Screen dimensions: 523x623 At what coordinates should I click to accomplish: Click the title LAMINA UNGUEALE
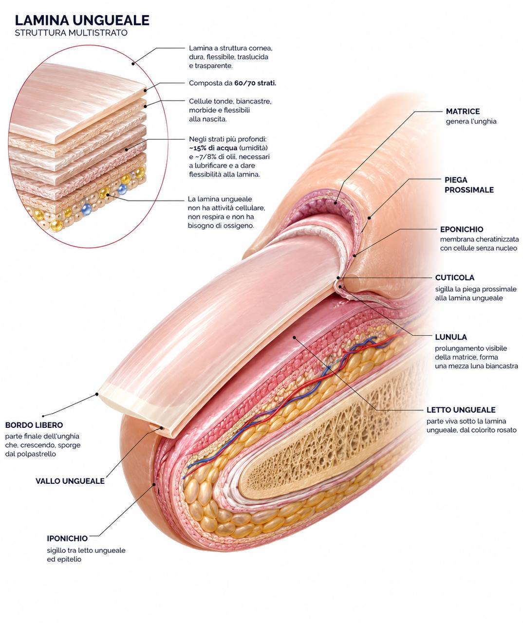[82, 20]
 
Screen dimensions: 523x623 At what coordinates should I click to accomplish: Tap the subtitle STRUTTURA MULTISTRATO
[71, 33]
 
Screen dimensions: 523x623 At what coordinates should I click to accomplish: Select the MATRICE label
[463, 111]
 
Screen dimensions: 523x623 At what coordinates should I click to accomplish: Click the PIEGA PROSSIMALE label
[469, 184]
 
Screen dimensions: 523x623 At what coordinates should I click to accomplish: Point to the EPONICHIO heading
[462, 229]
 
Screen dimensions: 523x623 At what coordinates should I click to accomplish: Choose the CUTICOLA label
[455, 277]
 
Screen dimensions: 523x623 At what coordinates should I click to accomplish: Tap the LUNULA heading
[451, 337]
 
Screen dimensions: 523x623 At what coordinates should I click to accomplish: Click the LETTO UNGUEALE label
[461, 410]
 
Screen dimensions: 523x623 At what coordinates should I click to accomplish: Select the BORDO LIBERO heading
[34, 425]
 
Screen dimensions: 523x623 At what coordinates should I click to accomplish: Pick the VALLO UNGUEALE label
[70, 481]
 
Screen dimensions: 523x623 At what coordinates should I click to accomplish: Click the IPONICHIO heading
[67, 538]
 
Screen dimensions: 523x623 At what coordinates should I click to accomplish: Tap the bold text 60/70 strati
[255, 83]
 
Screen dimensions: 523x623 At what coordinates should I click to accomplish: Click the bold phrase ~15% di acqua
[213, 148]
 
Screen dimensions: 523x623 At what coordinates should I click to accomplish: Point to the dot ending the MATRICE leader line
[336, 203]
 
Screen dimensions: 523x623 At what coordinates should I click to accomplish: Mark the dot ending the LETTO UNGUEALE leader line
[294, 337]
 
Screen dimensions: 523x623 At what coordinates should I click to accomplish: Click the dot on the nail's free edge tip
[97, 394]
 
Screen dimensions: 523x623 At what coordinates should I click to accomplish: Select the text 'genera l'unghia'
[471, 122]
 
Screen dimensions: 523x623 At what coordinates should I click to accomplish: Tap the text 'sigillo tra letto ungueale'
[86, 550]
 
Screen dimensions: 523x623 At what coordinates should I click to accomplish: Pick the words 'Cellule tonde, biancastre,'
[230, 101]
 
